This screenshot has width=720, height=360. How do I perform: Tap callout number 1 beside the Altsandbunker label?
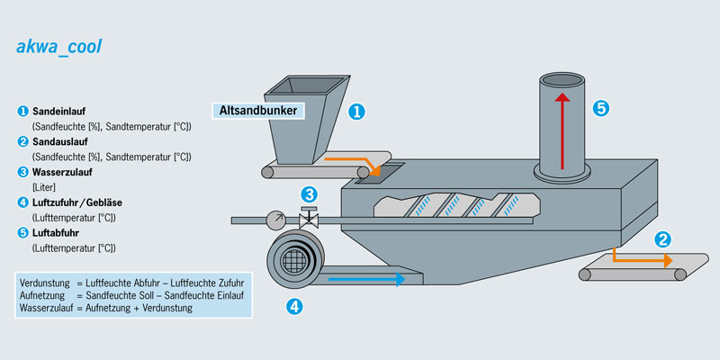pyautogui.click(x=356, y=112)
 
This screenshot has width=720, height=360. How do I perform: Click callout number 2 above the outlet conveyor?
pyautogui.click(x=663, y=239)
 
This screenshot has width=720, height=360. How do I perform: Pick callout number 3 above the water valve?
pyautogui.click(x=309, y=193)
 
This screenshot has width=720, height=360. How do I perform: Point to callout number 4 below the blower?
pyautogui.click(x=293, y=306)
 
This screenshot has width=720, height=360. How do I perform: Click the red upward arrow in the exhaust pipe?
pyautogui.click(x=562, y=130)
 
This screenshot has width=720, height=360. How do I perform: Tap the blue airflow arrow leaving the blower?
pyautogui.click(x=364, y=279)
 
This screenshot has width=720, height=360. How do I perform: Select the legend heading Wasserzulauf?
pyautogui.click(x=62, y=172)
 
